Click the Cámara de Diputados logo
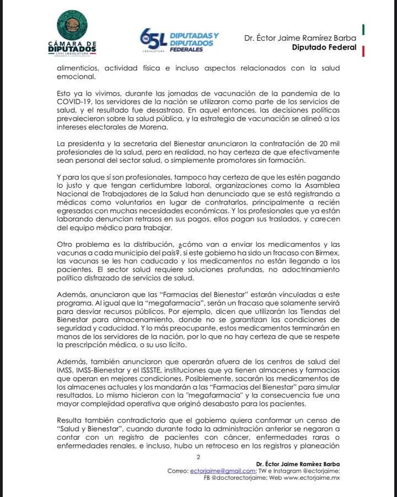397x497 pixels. [72, 35]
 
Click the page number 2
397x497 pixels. [198, 457]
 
